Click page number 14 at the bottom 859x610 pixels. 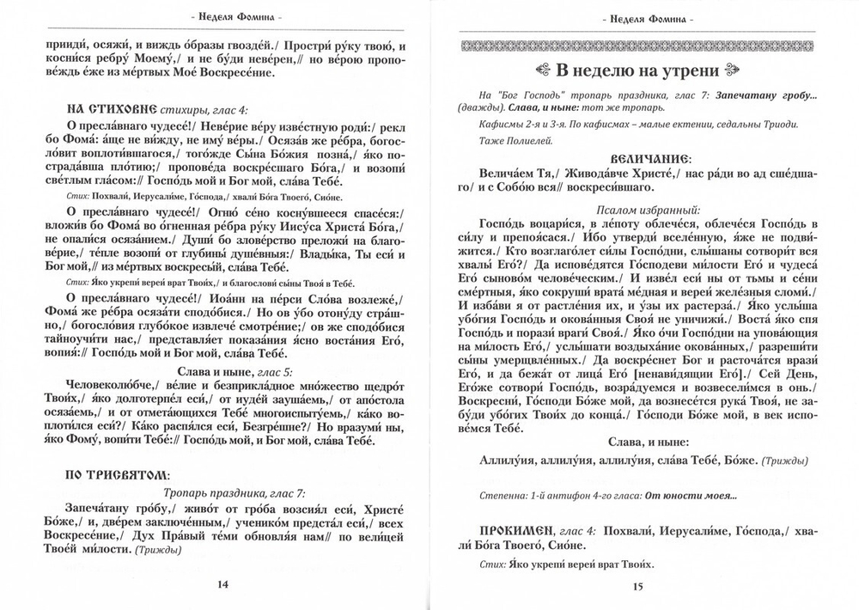221,584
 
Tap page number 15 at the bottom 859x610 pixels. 637,588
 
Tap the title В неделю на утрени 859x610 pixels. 637,70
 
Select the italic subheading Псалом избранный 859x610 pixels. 637,209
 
